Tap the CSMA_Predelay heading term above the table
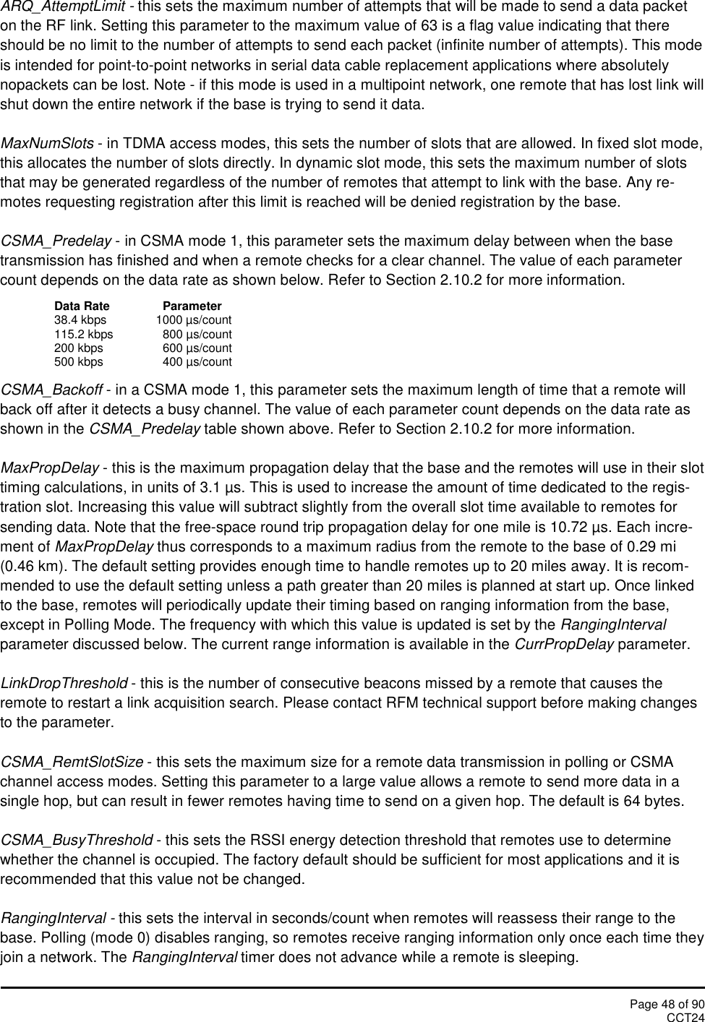tap(56, 241)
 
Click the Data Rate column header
tap(82, 306)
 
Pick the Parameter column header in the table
tap(192, 306)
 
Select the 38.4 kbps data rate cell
tap(80, 320)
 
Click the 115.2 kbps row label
tap(84, 334)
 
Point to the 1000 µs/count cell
tap(194, 320)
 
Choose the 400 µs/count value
tap(197, 361)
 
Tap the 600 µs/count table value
tap(197, 348)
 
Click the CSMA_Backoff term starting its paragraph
tap(51, 391)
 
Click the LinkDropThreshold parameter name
tap(64, 684)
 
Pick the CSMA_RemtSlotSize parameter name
tap(72, 762)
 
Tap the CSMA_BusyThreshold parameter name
tap(77, 840)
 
